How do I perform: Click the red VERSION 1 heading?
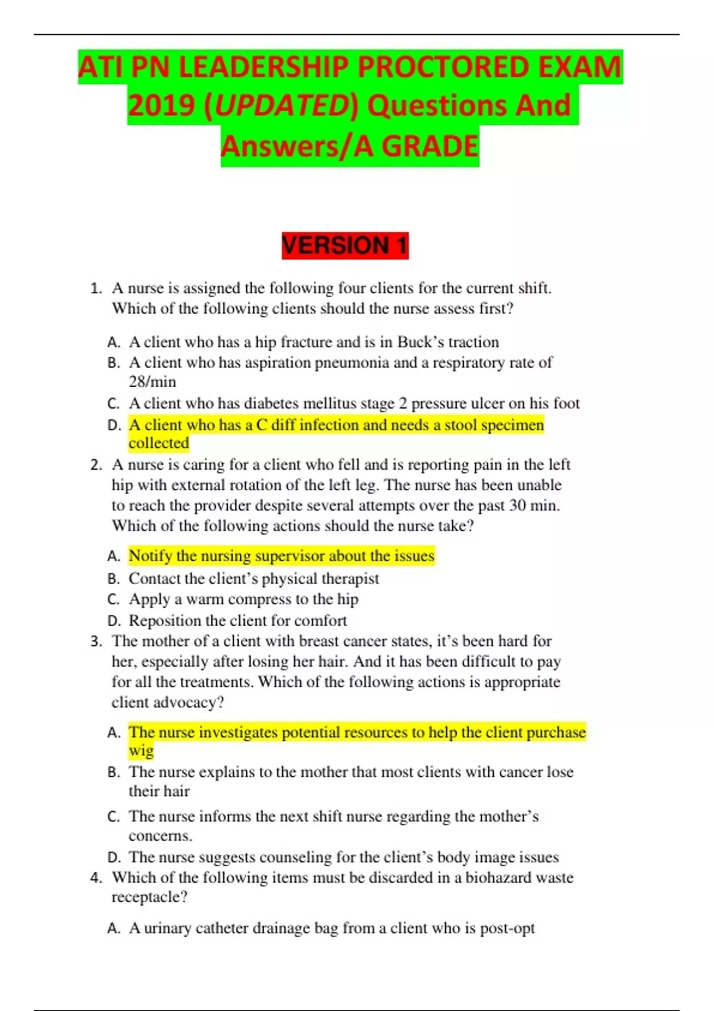point(345,246)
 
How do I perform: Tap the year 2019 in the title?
point(161,106)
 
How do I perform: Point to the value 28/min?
point(152,381)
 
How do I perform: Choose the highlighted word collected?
point(159,443)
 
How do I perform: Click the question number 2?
point(96,465)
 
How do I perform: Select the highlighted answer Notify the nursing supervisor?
point(281,556)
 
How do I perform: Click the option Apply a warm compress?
point(243,599)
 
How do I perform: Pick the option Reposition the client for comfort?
point(237,621)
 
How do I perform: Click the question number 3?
point(96,642)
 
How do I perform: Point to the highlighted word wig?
point(141,751)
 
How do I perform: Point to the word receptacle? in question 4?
point(149,897)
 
